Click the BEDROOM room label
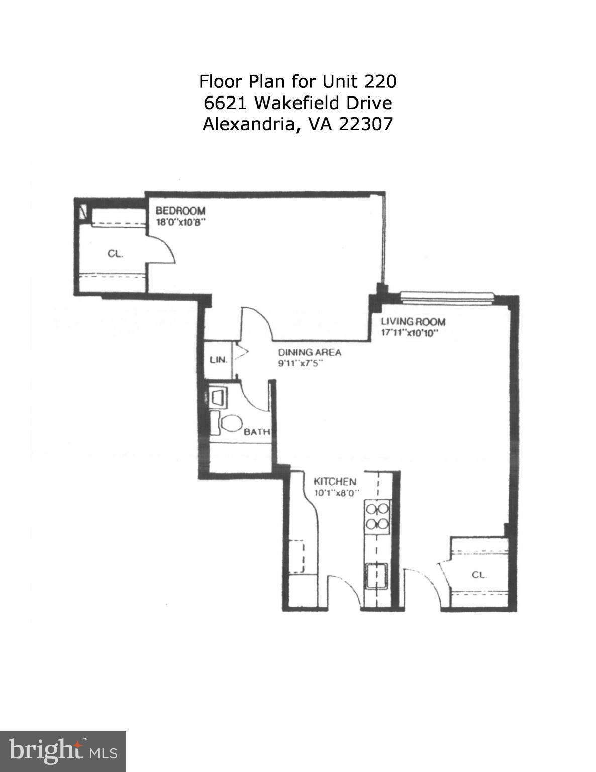[x=180, y=211]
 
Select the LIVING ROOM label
[x=413, y=322]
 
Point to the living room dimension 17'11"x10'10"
[x=410, y=332]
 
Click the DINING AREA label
[x=310, y=352]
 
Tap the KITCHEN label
[x=335, y=481]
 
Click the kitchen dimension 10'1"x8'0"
[x=337, y=493]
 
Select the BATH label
[x=257, y=432]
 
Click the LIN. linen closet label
[x=218, y=360]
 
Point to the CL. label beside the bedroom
[x=115, y=254]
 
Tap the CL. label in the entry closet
[x=479, y=575]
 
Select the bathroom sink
[x=218, y=397]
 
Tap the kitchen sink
[x=377, y=576]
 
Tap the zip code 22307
[x=365, y=124]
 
